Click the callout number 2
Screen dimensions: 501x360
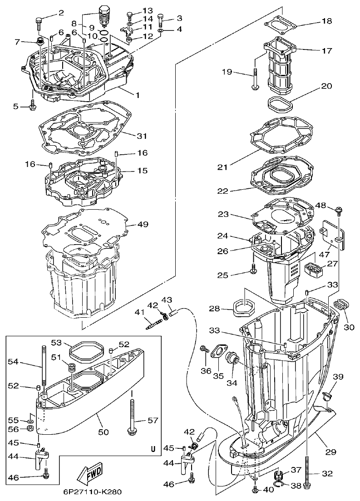(61, 12)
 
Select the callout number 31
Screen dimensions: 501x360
(142, 136)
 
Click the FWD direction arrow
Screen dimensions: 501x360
(90, 472)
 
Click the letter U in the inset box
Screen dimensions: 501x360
(153, 449)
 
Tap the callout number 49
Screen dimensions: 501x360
(142, 224)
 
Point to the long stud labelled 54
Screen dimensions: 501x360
(44, 368)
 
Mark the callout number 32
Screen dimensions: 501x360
(327, 473)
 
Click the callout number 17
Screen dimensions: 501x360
(327, 51)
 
